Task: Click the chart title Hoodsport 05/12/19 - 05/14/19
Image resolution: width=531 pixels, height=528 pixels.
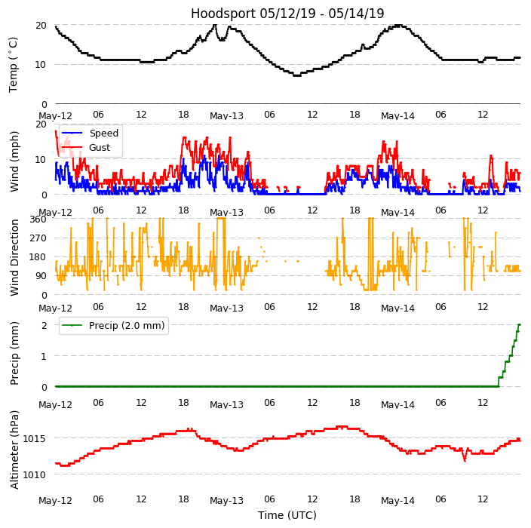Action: (287, 14)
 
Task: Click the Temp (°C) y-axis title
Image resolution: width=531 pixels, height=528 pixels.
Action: (14, 64)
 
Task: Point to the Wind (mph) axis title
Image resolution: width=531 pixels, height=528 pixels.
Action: (14, 161)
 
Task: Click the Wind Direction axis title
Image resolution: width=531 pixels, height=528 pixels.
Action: (14, 257)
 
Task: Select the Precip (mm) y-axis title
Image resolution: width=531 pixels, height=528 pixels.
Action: (14, 352)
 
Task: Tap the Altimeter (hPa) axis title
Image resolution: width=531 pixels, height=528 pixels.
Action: (14, 450)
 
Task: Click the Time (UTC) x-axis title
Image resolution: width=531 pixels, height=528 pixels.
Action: (287, 515)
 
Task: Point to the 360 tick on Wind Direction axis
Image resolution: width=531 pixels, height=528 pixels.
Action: (38, 219)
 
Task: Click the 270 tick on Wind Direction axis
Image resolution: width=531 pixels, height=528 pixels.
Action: (38, 238)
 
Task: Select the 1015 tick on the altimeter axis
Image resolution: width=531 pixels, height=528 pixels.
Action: (35, 438)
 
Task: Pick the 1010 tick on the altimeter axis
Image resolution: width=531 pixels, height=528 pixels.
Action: (35, 474)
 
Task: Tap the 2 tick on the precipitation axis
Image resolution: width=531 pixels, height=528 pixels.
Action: (44, 326)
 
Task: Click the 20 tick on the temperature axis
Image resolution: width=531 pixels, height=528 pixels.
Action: (41, 25)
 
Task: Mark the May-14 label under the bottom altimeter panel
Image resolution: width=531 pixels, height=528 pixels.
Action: (397, 500)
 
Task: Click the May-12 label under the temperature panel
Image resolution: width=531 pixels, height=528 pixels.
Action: (55, 115)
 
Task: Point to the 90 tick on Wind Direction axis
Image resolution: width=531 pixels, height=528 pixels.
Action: (41, 276)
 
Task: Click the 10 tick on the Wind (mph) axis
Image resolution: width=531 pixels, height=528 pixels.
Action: (41, 159)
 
